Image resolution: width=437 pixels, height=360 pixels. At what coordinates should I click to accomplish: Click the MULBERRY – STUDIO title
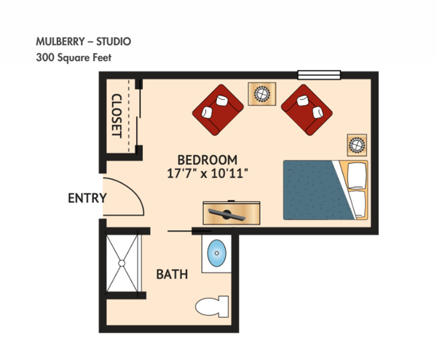(84, 41)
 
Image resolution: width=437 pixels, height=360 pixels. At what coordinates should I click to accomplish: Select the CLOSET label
(117, 115)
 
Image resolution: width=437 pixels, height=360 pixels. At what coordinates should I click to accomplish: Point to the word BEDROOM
(208, 160)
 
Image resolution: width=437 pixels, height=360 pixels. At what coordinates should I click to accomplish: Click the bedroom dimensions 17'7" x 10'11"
(208, 173)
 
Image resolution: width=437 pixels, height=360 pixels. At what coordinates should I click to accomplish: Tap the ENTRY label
(87, 197)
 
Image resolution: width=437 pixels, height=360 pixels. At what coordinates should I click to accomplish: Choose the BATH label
(173, 275)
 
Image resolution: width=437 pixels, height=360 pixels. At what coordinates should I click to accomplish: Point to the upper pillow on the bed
(357, 175)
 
